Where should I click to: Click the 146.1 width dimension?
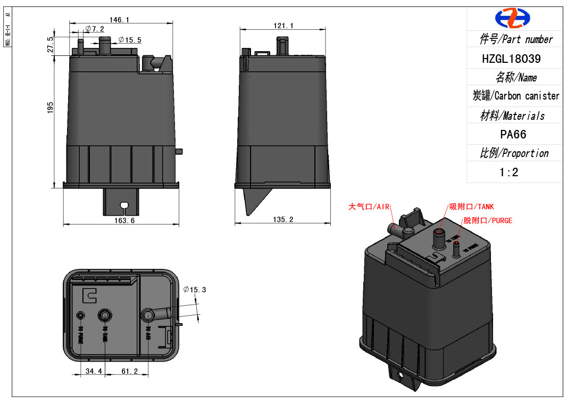(x=120, y=20)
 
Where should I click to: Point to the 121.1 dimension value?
(x=283, y=26)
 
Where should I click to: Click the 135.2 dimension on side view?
(x=283, y=219)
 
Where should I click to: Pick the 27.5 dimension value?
(x=51, y=45)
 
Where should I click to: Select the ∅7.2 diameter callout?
(x=95, y=29)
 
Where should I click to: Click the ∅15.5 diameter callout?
(x=130, y=40)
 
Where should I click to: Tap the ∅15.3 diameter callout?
(x=194, y=290)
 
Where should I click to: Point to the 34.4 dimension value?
(x=94, y=371)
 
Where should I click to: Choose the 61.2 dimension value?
(x=129, y=371)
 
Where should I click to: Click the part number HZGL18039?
(x=511, y=59)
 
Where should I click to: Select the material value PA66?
(x=513, y=134)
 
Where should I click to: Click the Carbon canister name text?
(x=516, y=96)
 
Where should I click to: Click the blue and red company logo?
(x=513, y=18)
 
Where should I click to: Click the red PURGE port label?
(x=487, y=220)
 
